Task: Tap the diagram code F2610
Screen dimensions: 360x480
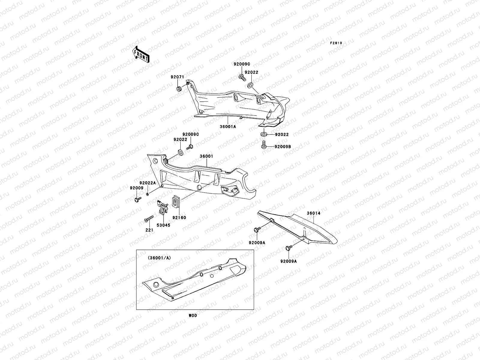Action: coord(336,43)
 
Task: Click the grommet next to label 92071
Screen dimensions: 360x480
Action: coord(179,89)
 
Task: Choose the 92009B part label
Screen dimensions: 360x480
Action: coord(282,147)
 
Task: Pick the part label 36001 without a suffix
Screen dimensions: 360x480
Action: coord(206,156)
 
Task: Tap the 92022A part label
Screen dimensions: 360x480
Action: coord(148,183)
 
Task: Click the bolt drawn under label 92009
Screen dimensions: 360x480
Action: coord(137,199)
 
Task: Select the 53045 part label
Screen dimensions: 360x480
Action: coord(163,225)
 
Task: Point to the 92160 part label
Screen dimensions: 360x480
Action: coord(179,217)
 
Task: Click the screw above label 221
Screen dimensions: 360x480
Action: coord(149,220)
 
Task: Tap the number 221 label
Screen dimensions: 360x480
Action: coord(149,230)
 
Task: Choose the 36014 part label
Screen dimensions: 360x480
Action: coord(313,213)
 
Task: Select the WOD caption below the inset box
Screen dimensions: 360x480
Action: coord(193,316)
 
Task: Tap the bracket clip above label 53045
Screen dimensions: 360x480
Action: coord(162,208)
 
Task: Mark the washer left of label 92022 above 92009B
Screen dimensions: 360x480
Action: coord(264,134)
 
